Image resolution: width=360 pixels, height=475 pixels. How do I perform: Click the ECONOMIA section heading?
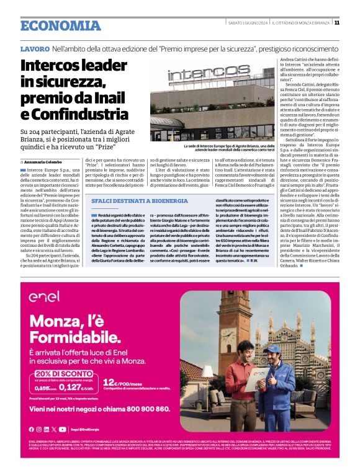(x=60, y=25)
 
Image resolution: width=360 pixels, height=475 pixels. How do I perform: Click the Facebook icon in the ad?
(x=31, y=429)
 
